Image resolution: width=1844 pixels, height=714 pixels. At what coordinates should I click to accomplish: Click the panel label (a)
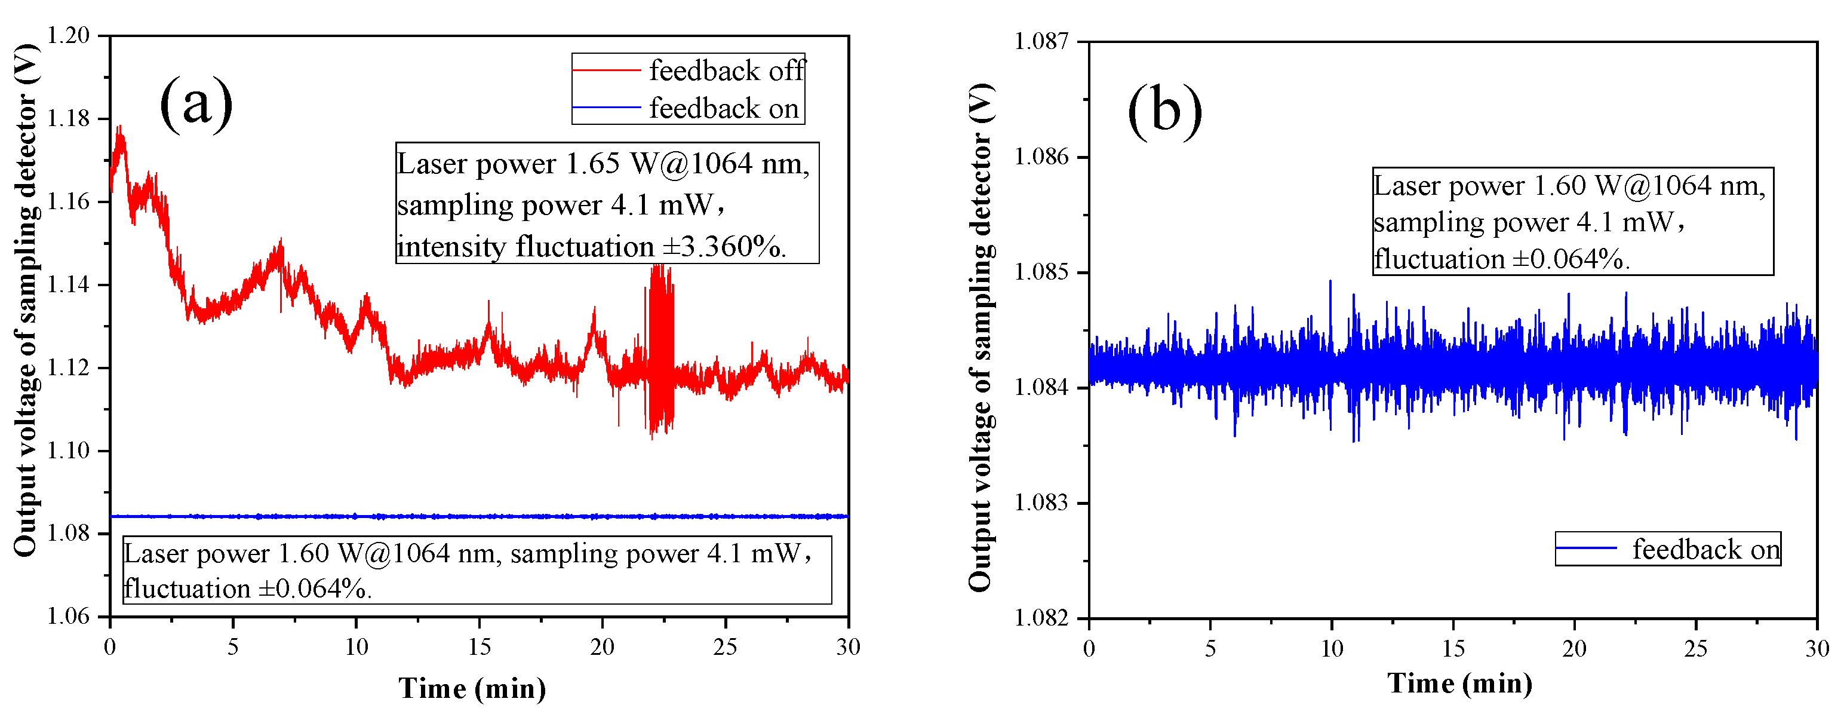pos(195,104)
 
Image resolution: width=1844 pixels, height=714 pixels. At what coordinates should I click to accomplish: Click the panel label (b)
pos(1164,111)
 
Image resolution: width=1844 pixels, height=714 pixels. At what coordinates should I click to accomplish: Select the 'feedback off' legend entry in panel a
pos(726,70)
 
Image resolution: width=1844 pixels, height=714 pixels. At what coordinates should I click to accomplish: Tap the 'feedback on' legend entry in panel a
pos(723,108)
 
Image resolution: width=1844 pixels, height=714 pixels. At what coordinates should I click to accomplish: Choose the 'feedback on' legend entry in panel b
pos(1705,549)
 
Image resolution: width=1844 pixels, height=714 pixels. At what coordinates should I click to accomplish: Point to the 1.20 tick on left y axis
pos(69,35)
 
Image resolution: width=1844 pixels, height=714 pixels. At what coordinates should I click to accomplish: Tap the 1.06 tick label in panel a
pos(69,616)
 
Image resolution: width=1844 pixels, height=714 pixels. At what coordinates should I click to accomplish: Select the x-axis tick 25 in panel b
pos(1696,649)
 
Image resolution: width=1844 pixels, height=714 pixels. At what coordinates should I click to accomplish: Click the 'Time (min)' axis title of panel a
pos(472,688)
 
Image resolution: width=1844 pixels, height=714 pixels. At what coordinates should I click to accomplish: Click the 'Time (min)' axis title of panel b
pos(1459,683)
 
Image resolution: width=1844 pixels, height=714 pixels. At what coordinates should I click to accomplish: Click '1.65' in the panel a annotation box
pos(592,163)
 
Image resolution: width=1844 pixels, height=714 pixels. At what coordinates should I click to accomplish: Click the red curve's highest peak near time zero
pos(120,133)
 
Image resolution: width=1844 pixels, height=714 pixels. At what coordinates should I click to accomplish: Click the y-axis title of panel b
pos(981,336)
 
